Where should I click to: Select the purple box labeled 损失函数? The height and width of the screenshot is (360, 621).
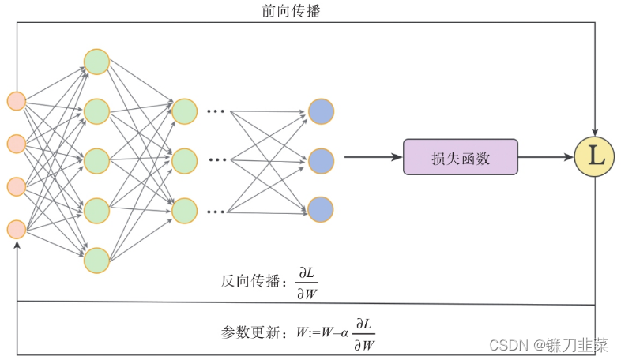point(461,157)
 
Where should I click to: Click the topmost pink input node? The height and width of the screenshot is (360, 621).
point(17,101)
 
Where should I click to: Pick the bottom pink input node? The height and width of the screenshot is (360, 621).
point(17,229)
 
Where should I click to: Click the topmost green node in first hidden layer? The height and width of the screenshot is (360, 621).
point(96,62)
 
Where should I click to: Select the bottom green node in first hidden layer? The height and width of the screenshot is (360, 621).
point(96,260)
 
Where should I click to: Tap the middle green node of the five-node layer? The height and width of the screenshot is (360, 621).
point(96,161)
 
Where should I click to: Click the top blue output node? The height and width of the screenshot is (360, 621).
point(321,111)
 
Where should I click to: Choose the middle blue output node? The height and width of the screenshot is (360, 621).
point(321,161)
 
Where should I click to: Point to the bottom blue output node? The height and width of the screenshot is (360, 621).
point(321,209)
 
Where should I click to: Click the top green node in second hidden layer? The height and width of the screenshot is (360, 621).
point(184,111)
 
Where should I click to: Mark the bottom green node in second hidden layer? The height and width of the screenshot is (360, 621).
point(184,210)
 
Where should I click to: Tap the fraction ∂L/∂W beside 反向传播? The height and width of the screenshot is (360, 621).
point(307,283)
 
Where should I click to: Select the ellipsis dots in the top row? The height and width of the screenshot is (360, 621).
point(215,111)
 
